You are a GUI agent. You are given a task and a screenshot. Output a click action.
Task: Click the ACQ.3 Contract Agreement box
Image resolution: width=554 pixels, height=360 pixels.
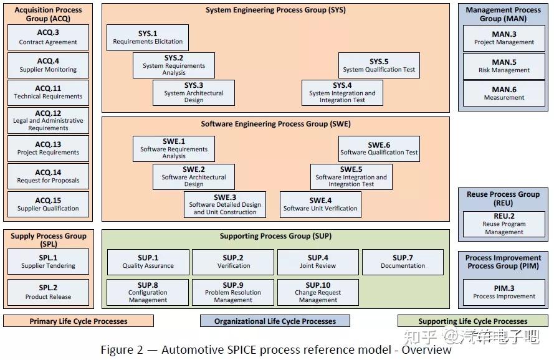tap(48, 37)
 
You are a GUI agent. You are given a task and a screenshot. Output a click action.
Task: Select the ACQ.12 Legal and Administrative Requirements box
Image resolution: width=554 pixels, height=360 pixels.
tap(48, 121)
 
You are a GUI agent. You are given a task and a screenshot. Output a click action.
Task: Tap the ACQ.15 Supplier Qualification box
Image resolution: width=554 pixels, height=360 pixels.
tap(48, 204)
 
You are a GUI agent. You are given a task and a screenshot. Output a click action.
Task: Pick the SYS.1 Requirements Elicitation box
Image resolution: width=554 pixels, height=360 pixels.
tap(148, 38)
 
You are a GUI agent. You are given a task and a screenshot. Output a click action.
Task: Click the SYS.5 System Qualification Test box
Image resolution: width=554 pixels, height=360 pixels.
tap(378, 65)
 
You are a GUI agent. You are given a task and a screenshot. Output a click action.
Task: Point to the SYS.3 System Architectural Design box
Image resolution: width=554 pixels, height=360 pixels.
tap(193, 93)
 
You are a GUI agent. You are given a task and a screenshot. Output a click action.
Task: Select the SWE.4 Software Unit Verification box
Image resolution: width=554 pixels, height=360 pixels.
tap(320, 204)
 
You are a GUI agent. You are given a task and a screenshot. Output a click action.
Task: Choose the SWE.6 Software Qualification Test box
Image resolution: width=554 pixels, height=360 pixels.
tap(379, 148)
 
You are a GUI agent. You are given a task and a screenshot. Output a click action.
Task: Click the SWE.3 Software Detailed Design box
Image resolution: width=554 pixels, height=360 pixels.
tap(224, 204)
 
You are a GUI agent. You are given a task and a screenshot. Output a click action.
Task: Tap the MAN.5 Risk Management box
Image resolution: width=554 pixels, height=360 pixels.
tap(504, 66)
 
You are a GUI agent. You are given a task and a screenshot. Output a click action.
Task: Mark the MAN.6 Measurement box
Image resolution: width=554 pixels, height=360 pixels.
tap(504, 93)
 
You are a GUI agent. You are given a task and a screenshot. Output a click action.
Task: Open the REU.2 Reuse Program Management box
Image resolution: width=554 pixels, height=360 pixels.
tap(504, 224)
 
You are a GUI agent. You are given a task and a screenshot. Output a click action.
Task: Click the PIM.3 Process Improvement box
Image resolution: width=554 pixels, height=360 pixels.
tap(504, 292)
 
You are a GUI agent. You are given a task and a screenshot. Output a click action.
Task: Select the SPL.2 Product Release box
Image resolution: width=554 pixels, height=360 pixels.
tap(48, 292)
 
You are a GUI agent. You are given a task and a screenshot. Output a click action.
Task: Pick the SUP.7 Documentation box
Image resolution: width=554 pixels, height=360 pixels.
tap(403, 262)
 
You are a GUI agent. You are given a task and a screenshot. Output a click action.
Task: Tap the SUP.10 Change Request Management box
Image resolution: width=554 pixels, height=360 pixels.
tap(318, 292)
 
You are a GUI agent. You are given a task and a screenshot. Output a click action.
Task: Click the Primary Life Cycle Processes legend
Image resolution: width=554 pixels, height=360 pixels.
tap(79, 321)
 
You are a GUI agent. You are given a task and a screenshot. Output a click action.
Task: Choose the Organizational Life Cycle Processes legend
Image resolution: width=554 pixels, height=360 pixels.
tap(275, 321)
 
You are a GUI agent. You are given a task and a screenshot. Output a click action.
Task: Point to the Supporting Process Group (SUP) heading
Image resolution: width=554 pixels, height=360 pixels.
tap(275, 237)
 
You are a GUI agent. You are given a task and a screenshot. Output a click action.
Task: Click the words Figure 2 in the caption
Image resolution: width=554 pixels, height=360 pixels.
tap(122, 349)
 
